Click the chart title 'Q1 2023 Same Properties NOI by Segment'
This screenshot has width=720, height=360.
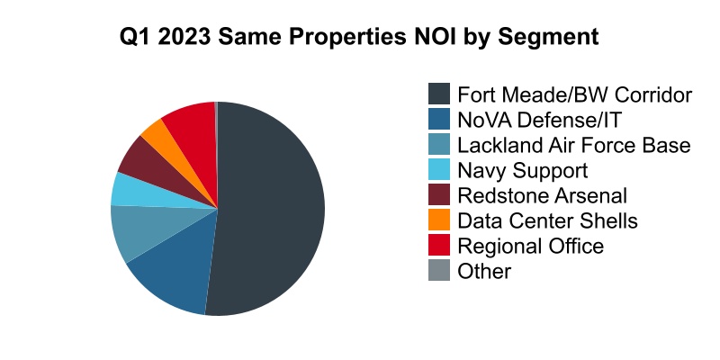(360, 39)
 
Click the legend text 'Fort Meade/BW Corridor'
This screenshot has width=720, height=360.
(574, 94)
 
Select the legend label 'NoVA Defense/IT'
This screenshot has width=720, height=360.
(539, 120)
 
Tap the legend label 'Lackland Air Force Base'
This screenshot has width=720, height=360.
(573, 145)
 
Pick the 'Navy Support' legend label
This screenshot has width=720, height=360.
(522, 170)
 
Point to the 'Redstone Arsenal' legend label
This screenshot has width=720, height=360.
(542, 195)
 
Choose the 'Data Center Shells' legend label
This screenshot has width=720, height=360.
(547, 220)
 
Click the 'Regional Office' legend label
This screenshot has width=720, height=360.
(530, 246)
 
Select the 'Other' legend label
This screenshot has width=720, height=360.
(484, 271)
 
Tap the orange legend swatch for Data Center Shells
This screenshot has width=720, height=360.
(439, 220)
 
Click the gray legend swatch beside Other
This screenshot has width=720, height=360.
(439, 271)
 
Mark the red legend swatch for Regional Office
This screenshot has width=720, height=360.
(439, 246)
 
